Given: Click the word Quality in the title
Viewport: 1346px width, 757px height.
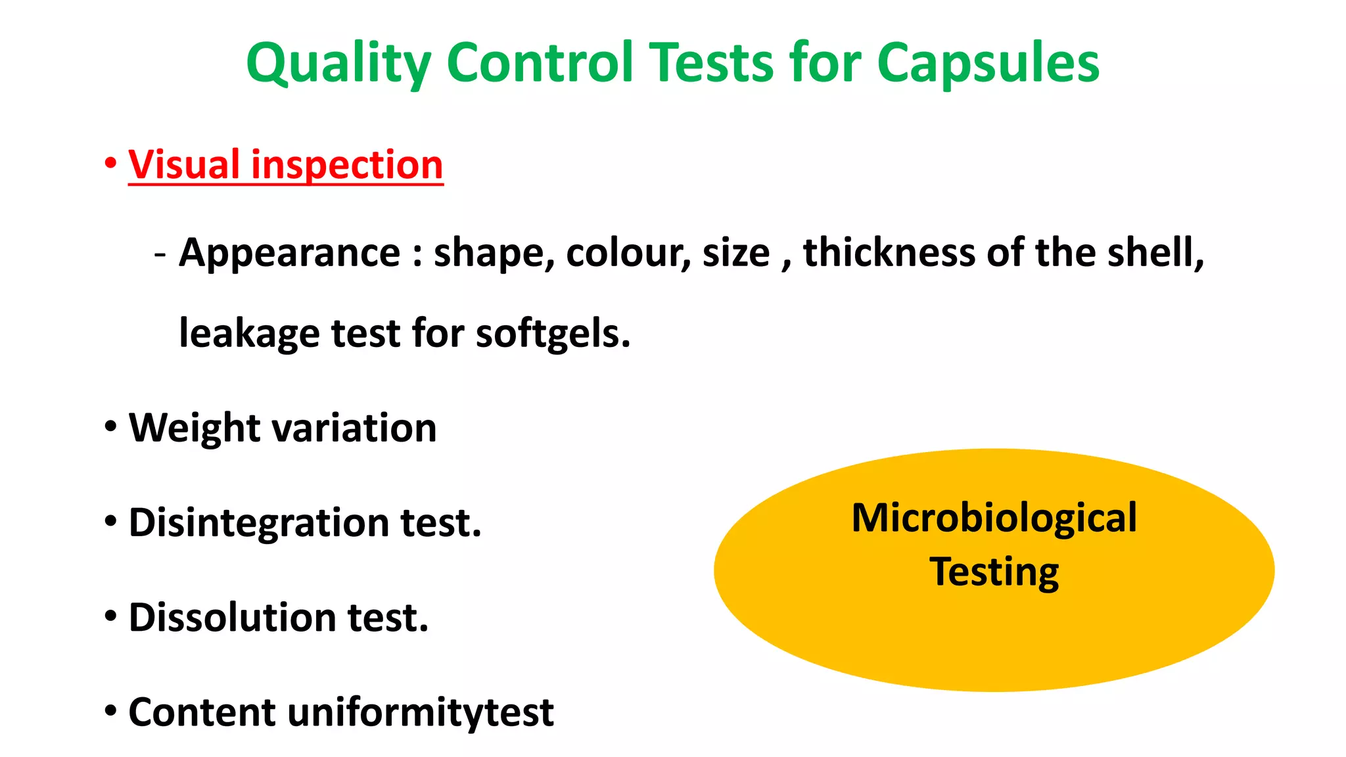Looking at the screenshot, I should pos(338,64).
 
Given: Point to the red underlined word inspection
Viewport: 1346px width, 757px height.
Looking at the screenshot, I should pos(347,166).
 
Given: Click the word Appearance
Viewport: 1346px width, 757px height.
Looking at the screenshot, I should pos(290,253).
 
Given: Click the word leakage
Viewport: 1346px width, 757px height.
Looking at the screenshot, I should pos(250,334).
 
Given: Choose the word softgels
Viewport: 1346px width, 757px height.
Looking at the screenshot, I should pos(553,334).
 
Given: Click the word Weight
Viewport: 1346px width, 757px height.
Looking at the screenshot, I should pos(194,428).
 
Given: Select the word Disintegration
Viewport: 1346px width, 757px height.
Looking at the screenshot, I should pos(259,523).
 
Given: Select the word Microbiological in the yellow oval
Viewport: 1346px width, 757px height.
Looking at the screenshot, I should pos(994,518).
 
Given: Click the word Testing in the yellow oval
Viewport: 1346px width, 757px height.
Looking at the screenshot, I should pos(994,572).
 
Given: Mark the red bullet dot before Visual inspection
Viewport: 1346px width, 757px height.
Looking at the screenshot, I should pos(110,162).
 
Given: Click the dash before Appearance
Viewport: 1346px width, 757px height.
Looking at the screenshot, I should pos(160,253).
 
